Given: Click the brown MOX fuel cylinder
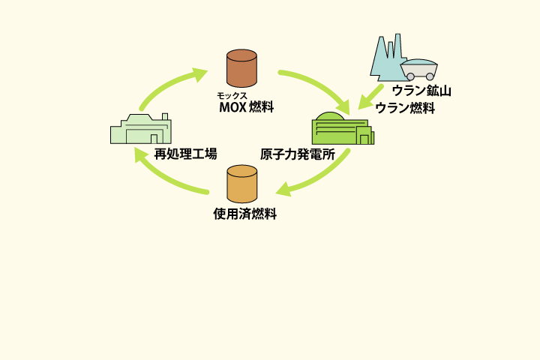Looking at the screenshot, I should pos(242,68).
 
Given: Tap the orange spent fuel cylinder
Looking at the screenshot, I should pos(242,184).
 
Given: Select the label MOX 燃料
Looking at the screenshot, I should pos(246,106).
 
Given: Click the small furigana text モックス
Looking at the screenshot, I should pos(232,96).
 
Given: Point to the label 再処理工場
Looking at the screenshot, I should pos(185,154).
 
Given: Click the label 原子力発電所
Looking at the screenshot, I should pos(297,155).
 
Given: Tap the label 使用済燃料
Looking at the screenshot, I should pos(245,214).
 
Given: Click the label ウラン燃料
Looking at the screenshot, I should pos(405,108).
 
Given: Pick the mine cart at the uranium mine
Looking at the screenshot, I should pos(419,69).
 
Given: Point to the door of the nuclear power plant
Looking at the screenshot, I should pos(364,139).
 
